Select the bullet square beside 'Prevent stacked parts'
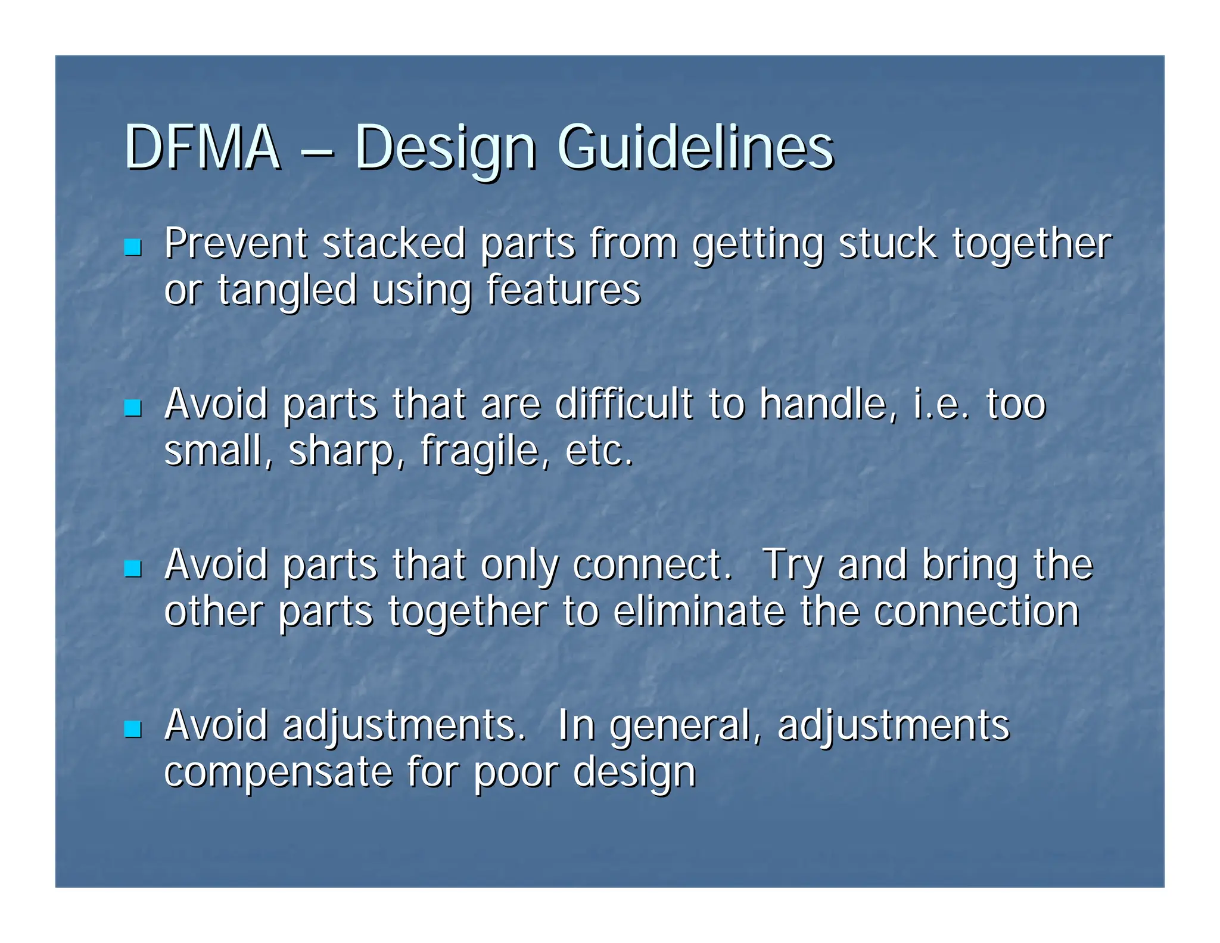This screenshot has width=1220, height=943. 132,247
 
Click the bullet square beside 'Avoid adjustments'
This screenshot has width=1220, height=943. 132,729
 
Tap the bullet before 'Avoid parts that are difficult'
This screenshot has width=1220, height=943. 132,408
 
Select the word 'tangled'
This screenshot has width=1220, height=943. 287,291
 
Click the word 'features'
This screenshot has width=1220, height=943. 563,290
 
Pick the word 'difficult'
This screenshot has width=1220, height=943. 624,404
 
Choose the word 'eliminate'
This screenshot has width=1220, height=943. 699,612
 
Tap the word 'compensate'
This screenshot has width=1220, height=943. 278,773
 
